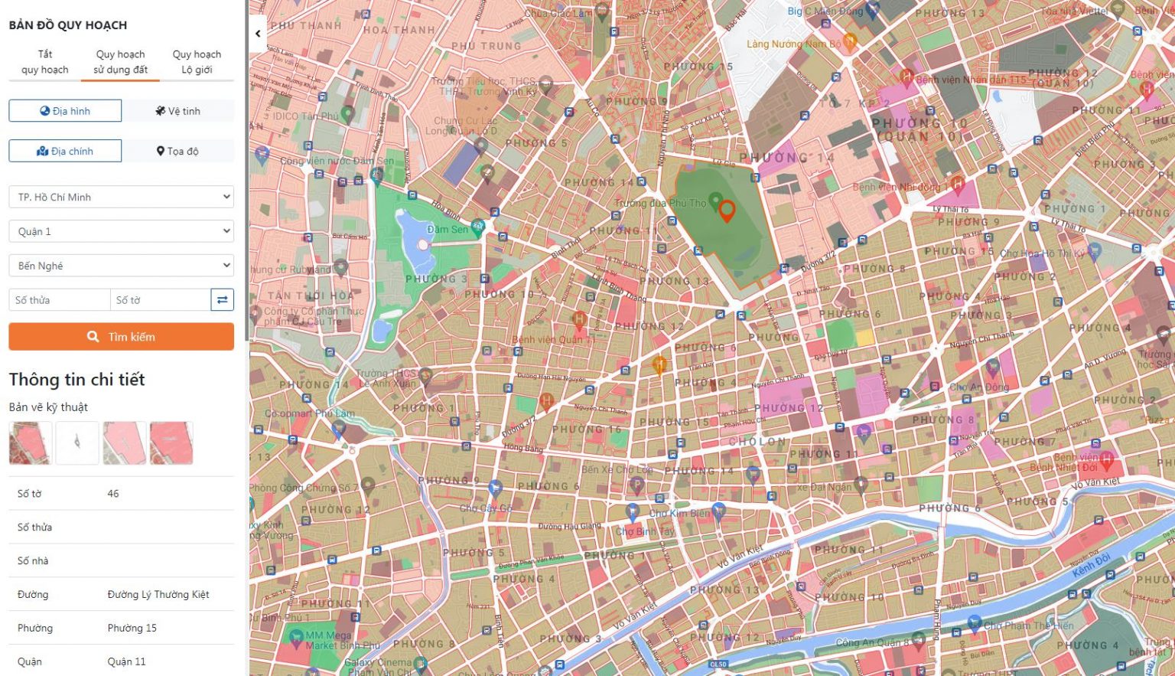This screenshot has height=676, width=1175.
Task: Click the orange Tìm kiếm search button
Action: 121,337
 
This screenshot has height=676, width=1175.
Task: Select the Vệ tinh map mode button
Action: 178,111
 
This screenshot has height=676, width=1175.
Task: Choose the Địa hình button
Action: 65,111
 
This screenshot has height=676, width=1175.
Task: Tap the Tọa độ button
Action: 178,151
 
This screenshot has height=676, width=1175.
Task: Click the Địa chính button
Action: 65,151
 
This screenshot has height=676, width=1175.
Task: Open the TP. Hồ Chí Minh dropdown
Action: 121,197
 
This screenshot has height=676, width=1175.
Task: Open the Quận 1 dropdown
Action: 121,231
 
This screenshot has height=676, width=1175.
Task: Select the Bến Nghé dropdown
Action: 121,266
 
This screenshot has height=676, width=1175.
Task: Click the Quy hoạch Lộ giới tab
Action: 197,62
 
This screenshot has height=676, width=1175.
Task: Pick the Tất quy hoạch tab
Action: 45,62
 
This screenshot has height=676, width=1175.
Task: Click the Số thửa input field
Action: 59,300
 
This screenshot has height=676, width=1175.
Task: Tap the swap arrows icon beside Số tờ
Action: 222,300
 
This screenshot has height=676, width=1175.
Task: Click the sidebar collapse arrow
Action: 258,34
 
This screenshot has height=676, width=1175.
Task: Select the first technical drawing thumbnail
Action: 31,443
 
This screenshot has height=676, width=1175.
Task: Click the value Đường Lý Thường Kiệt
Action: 158,594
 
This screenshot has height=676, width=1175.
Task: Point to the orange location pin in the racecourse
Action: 727,211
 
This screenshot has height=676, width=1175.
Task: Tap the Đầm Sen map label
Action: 447,230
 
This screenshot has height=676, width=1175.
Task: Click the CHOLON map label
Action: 757,442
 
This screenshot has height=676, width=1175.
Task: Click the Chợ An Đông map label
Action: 979,387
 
